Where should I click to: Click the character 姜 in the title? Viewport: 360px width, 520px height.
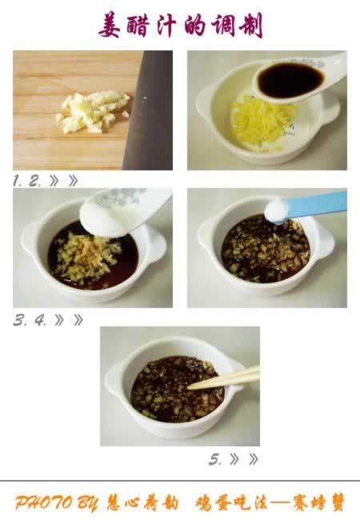109,26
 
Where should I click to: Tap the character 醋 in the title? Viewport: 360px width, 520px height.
138,26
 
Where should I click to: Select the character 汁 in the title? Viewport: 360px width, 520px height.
165,26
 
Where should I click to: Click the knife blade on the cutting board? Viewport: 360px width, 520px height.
149,110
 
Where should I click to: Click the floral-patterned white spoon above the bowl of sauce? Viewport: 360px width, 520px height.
122,211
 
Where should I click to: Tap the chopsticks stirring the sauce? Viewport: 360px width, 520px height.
223,378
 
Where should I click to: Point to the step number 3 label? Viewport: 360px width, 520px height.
19,320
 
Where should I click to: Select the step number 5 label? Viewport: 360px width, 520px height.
215,460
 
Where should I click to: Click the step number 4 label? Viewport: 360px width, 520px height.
41,320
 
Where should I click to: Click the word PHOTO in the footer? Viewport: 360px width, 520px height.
43,502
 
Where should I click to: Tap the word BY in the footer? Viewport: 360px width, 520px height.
88,503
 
